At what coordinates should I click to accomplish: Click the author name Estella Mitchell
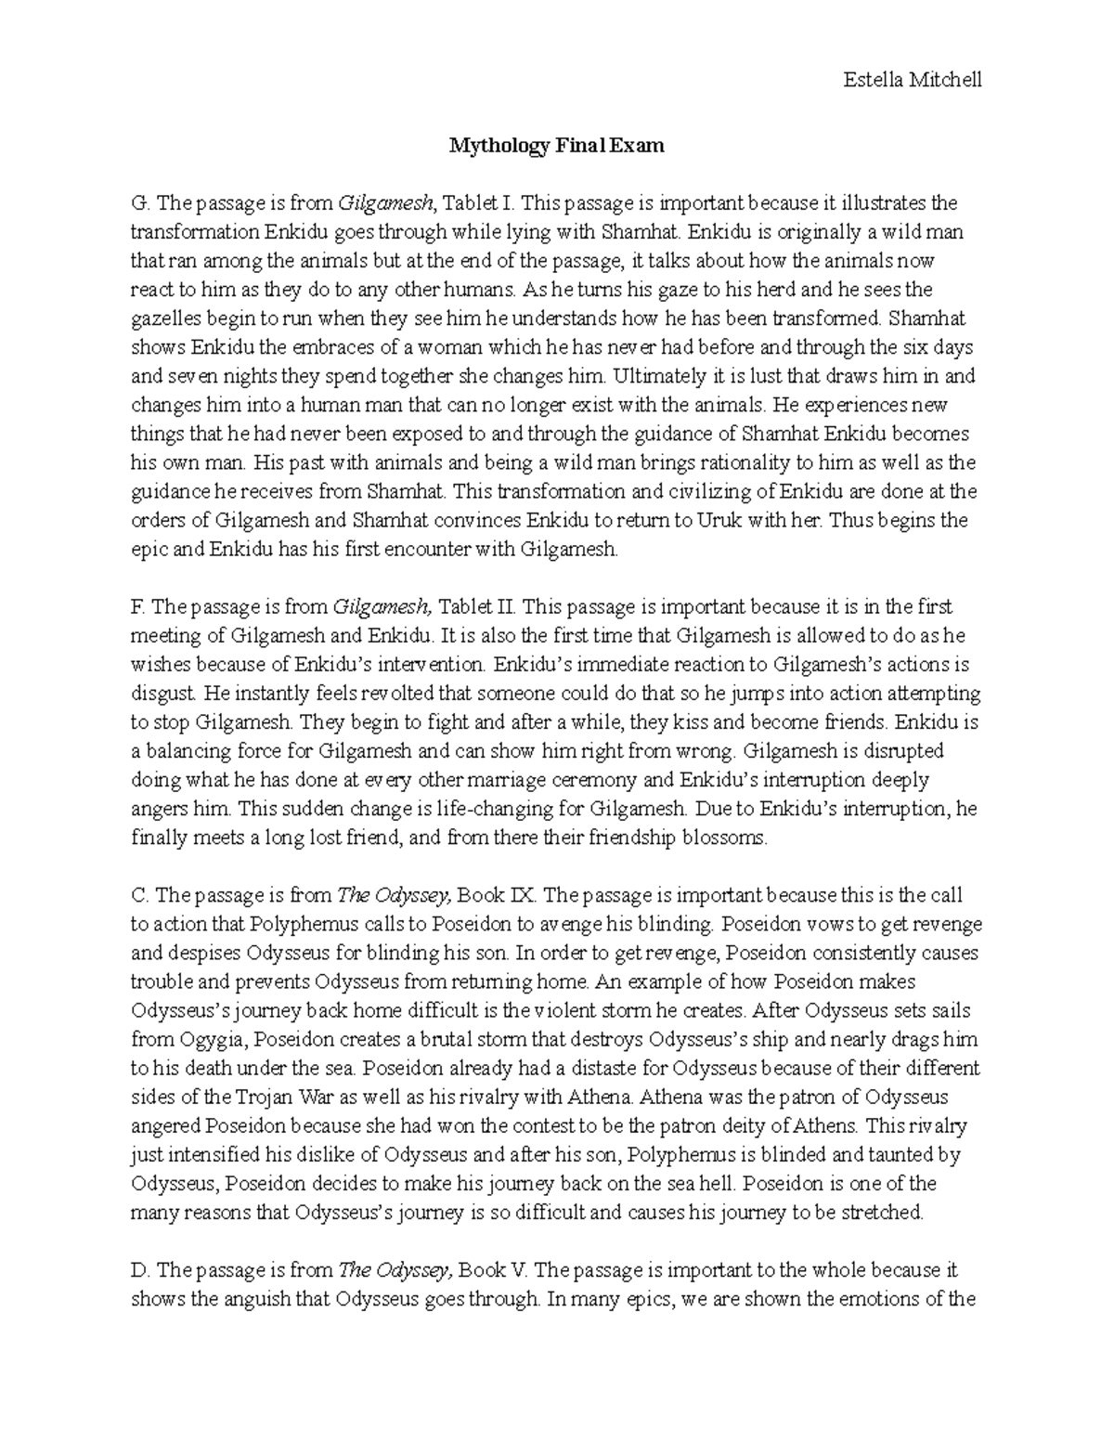point(912,80)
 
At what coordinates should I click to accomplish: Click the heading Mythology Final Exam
point(557,146)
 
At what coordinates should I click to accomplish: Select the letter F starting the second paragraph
point(137,606)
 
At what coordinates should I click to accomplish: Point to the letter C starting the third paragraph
point(138,895)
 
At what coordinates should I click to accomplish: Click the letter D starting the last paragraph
point(138,1270)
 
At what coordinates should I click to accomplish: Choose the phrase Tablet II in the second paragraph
point(475,606)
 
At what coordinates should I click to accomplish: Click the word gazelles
point(162,318)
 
